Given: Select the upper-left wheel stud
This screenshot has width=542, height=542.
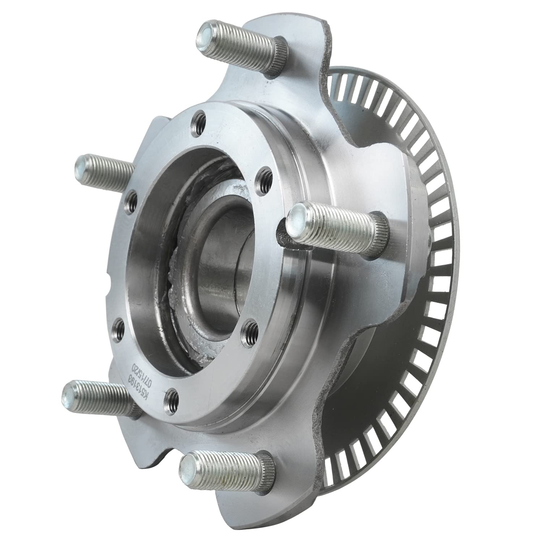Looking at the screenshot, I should point(105,170).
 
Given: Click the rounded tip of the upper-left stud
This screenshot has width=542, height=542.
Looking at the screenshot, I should point(83,166).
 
